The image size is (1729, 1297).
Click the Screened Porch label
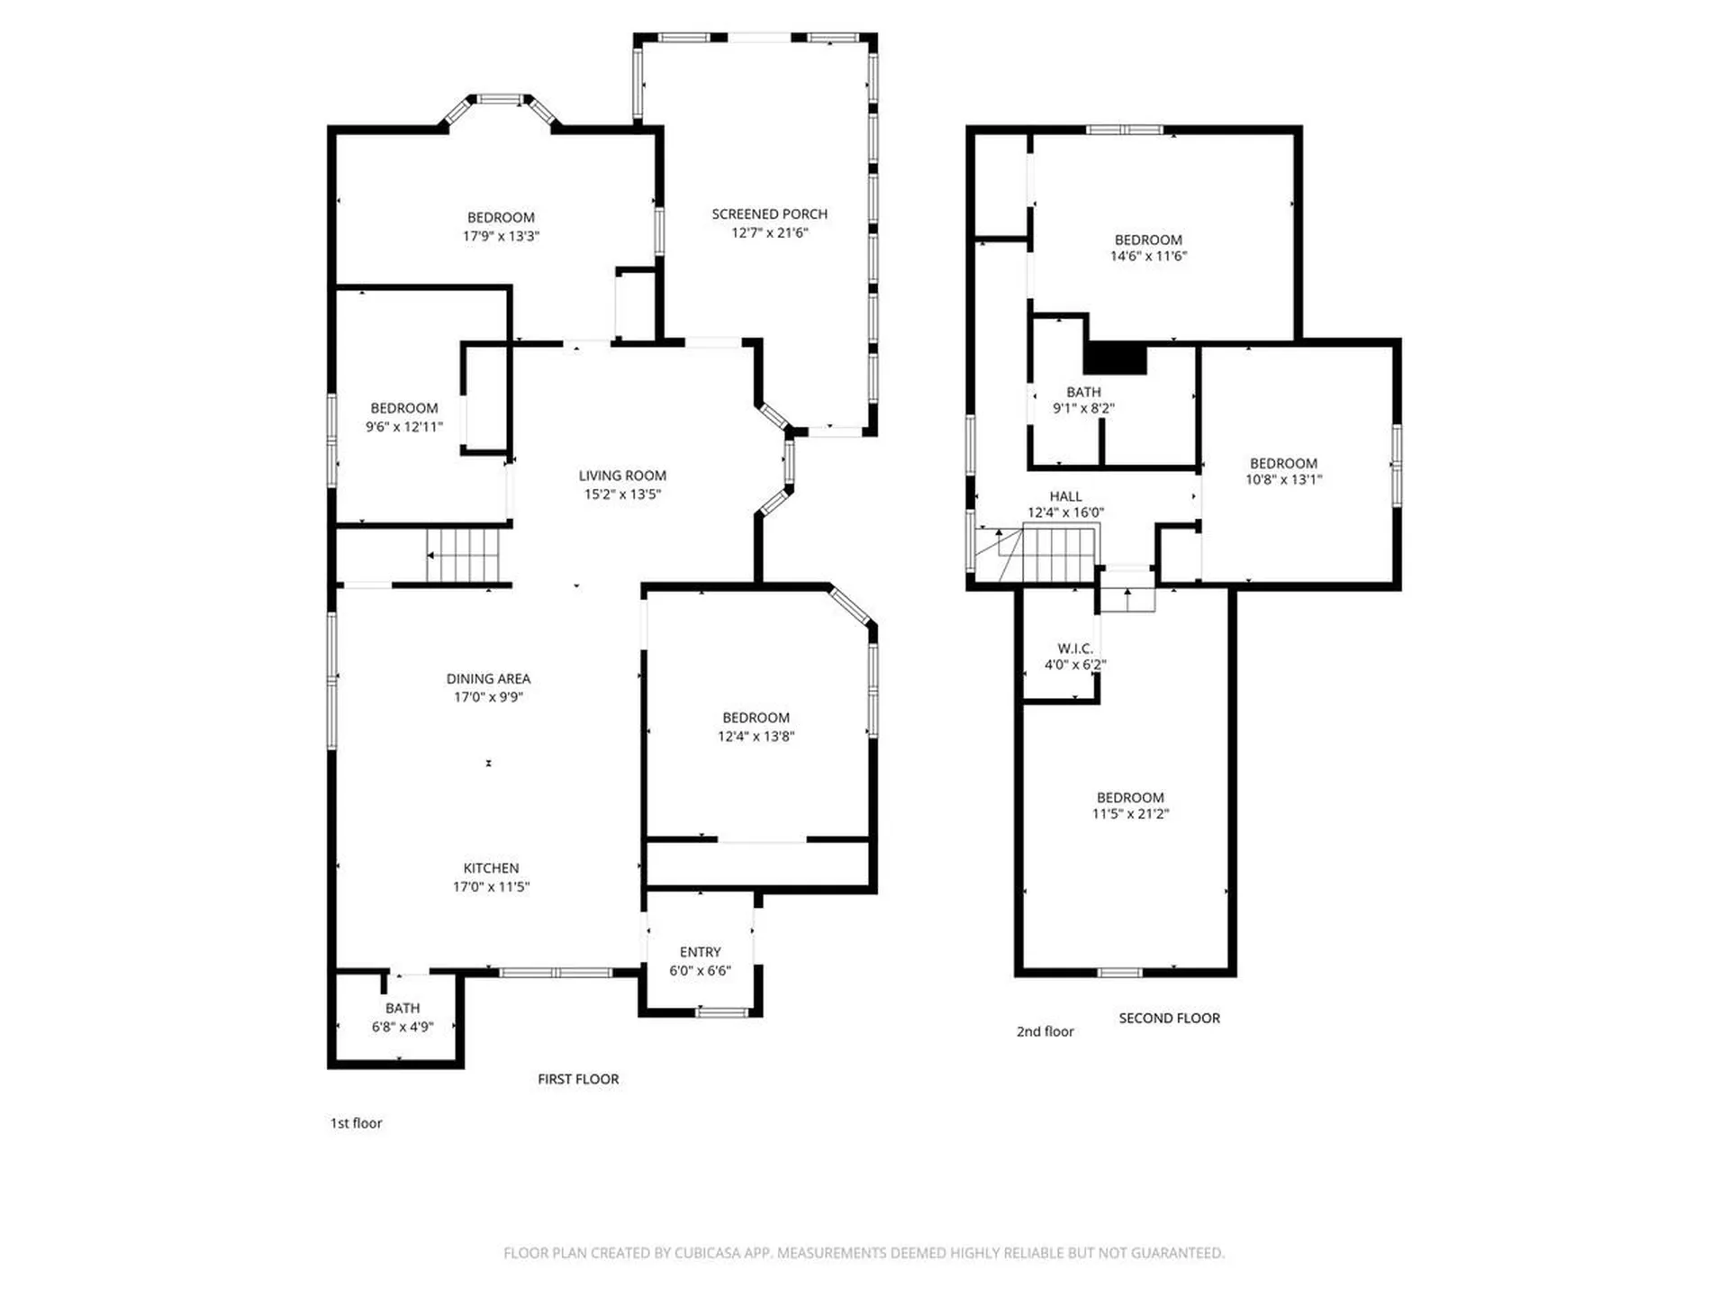(x=769, y=213)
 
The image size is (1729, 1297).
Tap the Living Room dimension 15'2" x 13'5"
(x=622, y=494)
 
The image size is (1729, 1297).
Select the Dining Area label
(x=488, y=678)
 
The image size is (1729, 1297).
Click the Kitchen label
(x=491, y=867)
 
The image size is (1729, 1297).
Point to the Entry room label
(x=700, y=952)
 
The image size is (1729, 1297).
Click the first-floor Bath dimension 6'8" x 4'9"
(x=403, y=1027)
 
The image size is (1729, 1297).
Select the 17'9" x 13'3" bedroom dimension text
(x=501, y=236)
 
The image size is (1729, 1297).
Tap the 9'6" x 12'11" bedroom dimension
(x=403, y=427)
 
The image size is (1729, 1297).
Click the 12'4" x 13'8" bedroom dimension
(x=756, y=737)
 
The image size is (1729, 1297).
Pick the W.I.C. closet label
(x=1074, y=648)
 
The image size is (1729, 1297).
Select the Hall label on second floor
(x=1065, y=496)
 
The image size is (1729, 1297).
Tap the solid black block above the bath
(x=1115, y=358)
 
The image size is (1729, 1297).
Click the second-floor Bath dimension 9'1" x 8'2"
(x=1083, y=408)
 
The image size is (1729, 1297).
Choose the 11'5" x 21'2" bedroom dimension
(x=1130, y=814)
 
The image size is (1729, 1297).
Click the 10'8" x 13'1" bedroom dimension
(x=1283, y=480)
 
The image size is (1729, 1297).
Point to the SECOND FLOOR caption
(x=1169, y=1018)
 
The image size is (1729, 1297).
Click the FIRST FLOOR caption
(x=578, y=1079)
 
